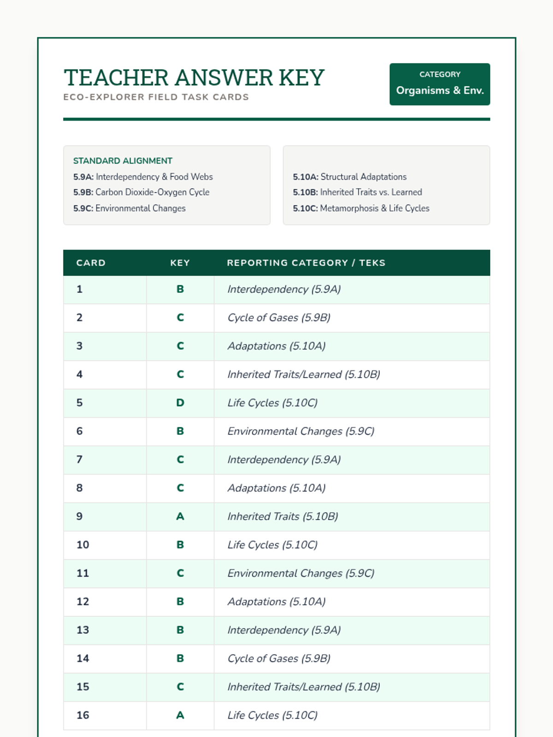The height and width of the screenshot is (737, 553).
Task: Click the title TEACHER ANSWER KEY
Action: pyautogui.click(x=194, y=77)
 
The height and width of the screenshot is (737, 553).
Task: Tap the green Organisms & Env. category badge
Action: pyautogui.click(x=440, y=84)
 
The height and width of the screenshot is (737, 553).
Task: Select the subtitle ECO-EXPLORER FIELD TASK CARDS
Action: pyautogui.click(x=156, y=97)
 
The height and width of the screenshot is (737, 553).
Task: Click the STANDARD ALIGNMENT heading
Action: pyautogui.click(x=123, y=161)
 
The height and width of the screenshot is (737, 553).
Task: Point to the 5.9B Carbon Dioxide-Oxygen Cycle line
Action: pyautogui.click(x=141, y=192)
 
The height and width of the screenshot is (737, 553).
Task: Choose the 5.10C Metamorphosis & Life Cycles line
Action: pyautogui.click(x=361, y=208)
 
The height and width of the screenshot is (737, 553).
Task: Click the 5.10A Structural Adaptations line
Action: pyautogui.click(x=349, y=177)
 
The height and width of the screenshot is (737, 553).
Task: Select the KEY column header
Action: pyautogui.click(x=180, y=263)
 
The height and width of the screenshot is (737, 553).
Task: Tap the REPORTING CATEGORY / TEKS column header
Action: pyautogui.click(x=306, y=263)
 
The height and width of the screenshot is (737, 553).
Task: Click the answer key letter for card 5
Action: pyautogui.click(x=180, y=403)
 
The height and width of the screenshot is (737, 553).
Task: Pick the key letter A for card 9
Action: pyautogui.click(x=180, y=516)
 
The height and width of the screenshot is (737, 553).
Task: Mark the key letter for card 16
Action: pyautogui.click(x=180, y=715)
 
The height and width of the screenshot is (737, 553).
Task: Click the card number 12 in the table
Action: pyautogui.click(x=83, y=602)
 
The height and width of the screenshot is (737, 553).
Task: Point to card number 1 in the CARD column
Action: pyautogui.click(x=80, y=289)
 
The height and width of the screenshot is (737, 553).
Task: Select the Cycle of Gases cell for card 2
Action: pyautogui.click(x=279, y=318)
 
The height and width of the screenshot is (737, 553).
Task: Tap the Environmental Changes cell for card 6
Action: pyautogui.click(x=300, y=432)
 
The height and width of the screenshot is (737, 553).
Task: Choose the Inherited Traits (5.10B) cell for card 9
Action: pyautogui.click(x=282, y=517)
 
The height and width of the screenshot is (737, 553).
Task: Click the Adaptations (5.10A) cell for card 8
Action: pyautogui.click(x=276, y=488)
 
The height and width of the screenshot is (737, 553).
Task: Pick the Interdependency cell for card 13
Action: pyautogui.click(x=284, y=630)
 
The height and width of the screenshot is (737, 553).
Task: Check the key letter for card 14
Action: pyautogui.click(x=180, y=659)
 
